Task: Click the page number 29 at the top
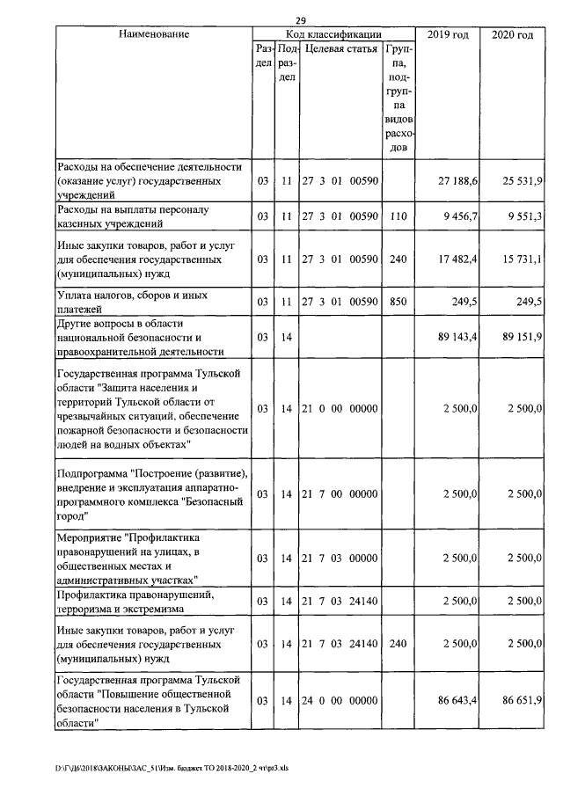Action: coord(301,19)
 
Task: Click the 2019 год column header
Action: coord(447,34)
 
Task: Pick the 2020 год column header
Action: coord(513,34)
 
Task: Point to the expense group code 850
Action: coord(398,302)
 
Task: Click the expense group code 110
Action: coord(398,215)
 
